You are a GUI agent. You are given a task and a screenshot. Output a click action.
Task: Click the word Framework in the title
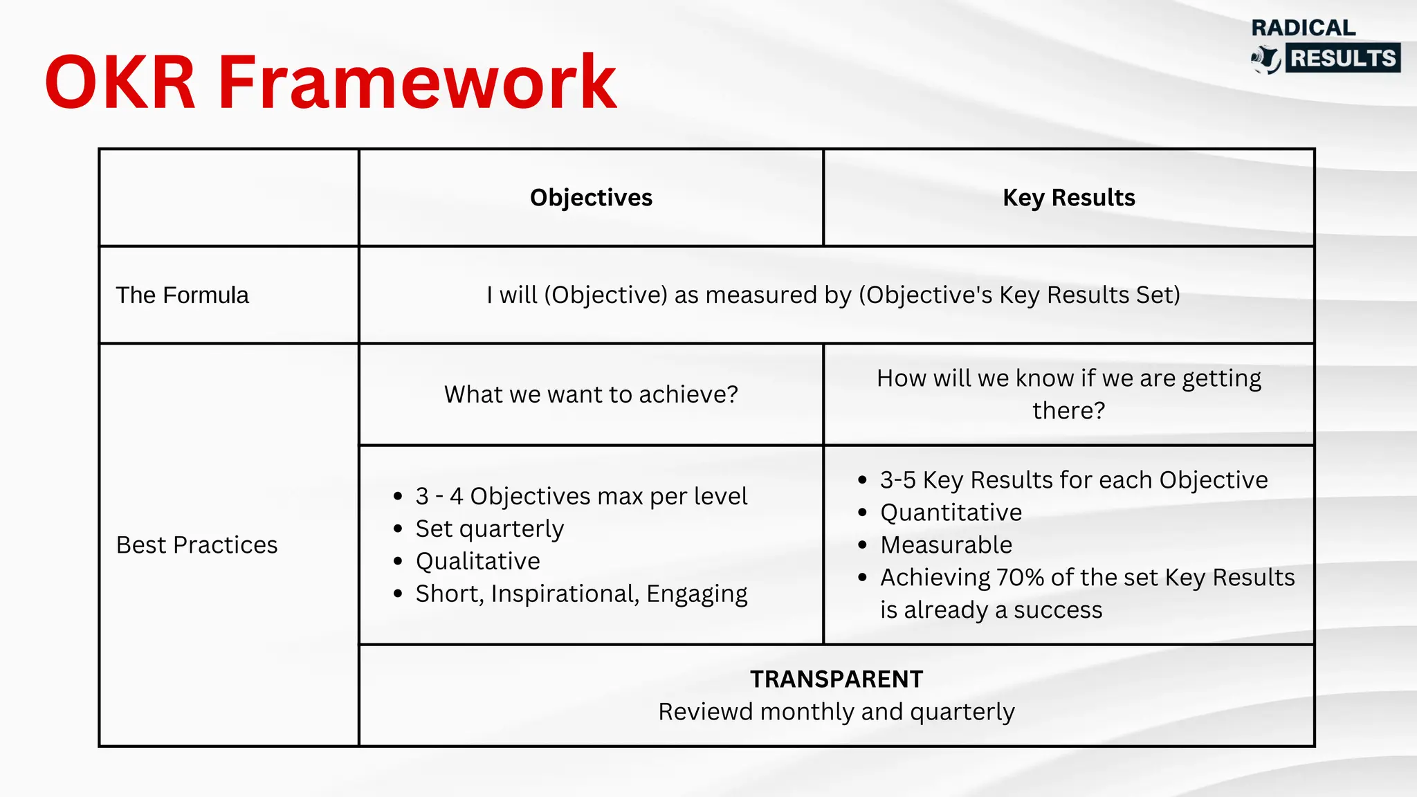(417, 83)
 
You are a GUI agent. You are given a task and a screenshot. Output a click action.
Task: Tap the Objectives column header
(591, 198)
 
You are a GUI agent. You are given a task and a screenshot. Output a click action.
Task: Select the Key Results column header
(1068, 198)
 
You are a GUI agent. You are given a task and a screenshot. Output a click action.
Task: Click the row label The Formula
(182, 295)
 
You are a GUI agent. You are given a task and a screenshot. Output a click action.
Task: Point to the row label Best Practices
(196, 545)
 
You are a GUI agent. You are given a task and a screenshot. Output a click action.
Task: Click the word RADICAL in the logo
(1303, 28)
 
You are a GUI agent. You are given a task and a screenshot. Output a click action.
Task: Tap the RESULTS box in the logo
(1343, 58)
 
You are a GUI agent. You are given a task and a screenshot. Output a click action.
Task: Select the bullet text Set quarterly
(489, 529)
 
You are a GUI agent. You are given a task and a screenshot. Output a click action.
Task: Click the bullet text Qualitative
(477, 561)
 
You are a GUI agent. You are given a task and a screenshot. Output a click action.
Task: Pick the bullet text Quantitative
(951, 513)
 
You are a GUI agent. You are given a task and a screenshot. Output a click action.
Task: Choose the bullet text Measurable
(946, 545)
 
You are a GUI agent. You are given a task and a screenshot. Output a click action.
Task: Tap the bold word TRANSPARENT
(836, 679)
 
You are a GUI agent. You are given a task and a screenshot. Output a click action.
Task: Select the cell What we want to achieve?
(591, 394)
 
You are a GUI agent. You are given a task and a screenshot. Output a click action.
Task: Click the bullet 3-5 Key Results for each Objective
(1073, 480)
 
